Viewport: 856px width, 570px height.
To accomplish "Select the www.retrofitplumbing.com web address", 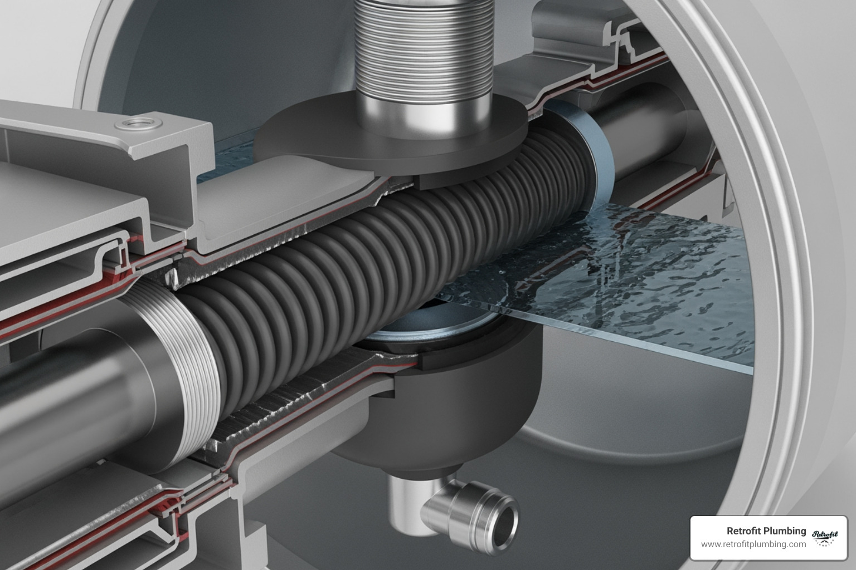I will point(753,544).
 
